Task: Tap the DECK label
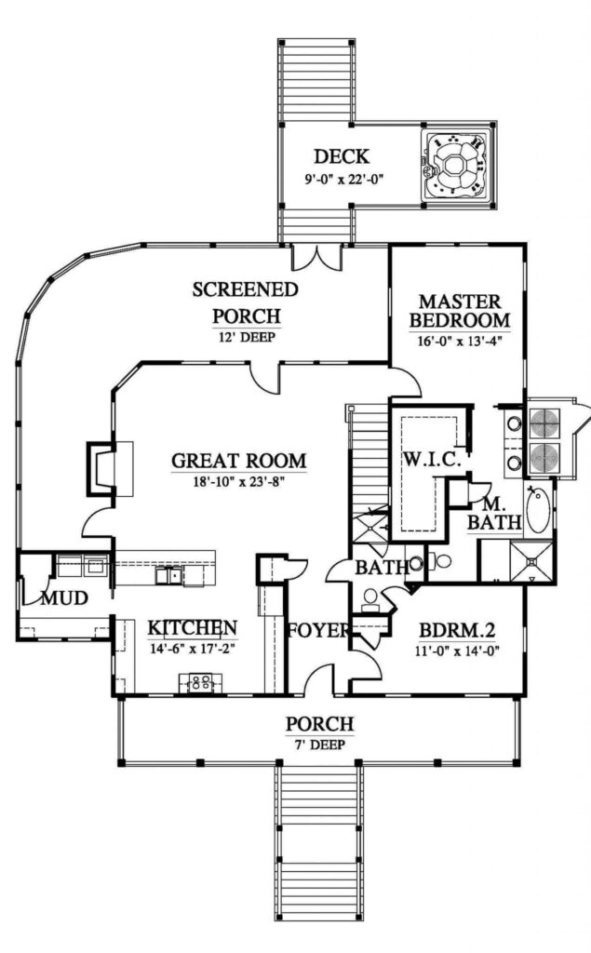pos(341,156)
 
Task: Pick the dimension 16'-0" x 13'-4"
pos(460,340)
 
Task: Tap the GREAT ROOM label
pos(239,461)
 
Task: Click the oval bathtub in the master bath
pos(538,510)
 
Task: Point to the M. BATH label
pos(493,514)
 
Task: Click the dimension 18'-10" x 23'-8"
pos(239,481)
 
